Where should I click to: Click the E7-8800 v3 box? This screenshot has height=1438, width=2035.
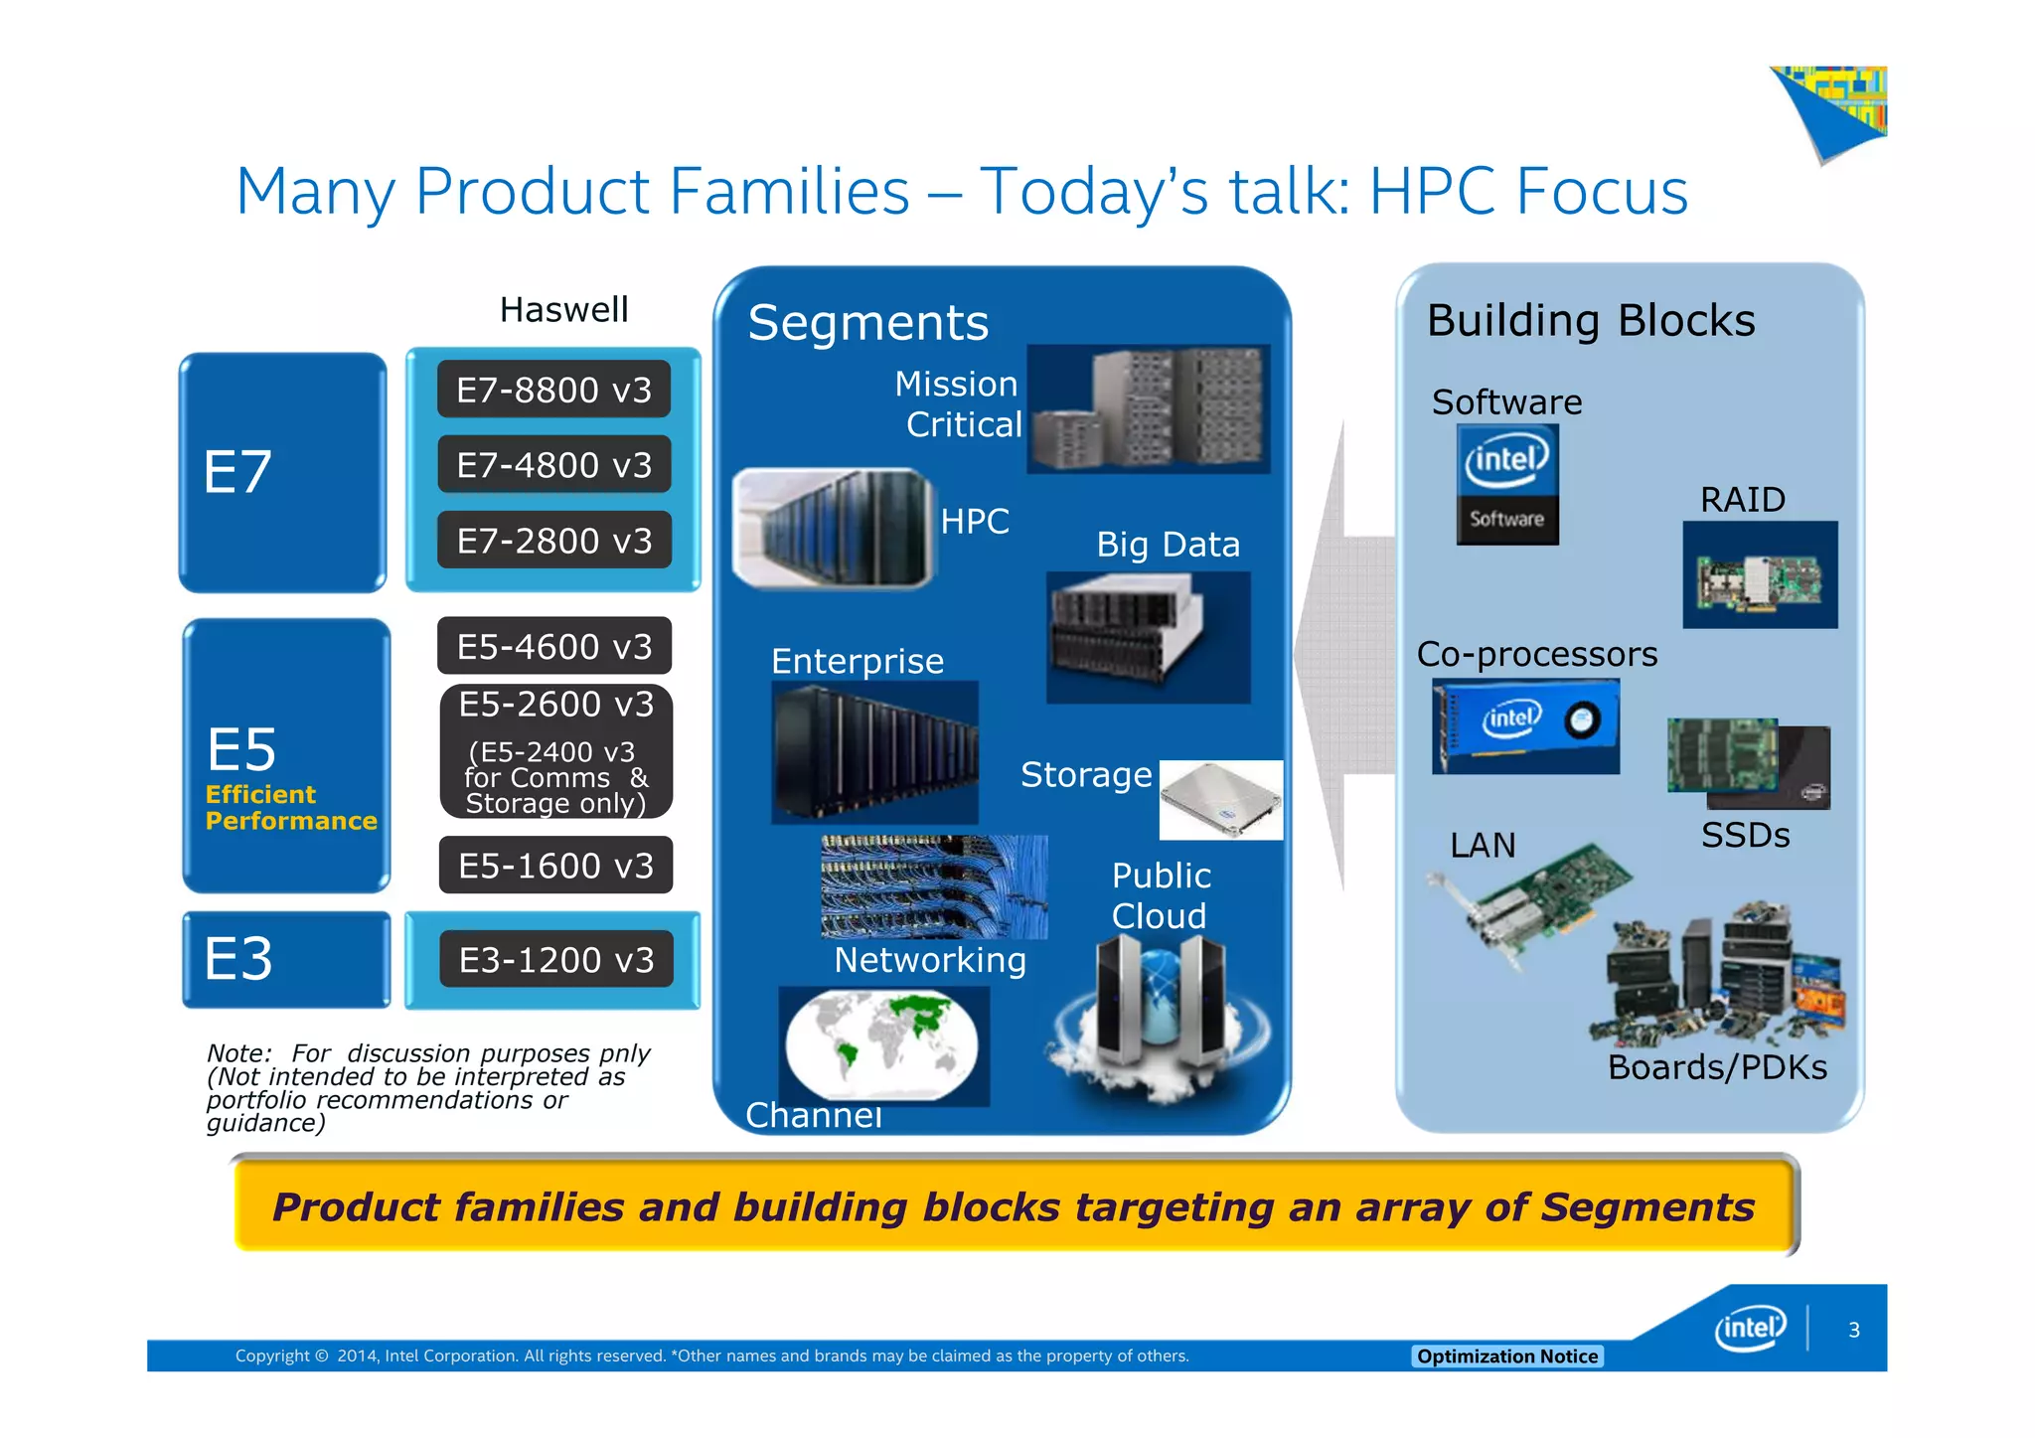553,390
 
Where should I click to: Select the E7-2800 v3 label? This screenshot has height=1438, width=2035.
553,541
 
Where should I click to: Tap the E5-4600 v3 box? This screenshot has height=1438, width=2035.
553,646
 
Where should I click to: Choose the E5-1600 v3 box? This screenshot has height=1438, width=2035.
555,866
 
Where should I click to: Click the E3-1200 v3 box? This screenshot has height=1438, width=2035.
555,960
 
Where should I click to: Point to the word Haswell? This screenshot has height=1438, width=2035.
563,310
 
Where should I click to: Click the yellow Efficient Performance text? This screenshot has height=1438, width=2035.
290,808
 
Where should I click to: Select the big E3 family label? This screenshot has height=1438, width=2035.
238,959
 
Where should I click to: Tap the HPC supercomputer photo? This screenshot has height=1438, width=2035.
833,528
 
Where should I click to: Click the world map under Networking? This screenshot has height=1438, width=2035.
882,1045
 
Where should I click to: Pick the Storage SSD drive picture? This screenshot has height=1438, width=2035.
1220,800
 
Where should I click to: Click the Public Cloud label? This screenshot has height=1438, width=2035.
1160,895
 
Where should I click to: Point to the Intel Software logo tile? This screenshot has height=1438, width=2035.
1506,485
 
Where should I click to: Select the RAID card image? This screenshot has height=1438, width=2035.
1759,575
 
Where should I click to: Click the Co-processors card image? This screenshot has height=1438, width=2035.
1524,726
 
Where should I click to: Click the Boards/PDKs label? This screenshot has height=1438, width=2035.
1716,1067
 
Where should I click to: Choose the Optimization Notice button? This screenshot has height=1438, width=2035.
1506,1357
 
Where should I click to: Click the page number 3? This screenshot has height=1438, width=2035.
1853,1330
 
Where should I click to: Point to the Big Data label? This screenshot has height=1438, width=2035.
1168,545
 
